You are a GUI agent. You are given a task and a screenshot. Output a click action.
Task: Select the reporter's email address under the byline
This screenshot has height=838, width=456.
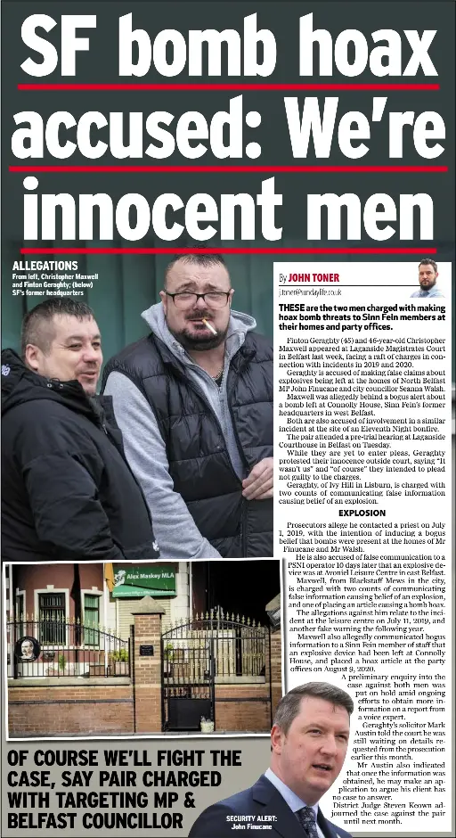(309, 291)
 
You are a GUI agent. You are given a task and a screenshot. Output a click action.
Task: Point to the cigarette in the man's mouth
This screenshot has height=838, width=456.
(211, 325)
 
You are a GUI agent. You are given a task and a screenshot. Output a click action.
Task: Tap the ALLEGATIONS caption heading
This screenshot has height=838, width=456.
(45, 266)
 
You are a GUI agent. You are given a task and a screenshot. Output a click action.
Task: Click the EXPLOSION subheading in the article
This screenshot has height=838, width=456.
(362, 513)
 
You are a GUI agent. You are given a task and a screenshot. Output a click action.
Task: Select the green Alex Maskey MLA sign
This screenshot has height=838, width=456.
(144, 581)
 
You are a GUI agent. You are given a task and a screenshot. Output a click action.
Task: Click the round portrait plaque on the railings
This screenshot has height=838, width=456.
(28, 647)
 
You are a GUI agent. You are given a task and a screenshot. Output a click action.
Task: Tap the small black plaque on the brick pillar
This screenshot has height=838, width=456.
(146, 650)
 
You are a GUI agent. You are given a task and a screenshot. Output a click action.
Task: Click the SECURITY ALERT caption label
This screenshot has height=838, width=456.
(251, 817)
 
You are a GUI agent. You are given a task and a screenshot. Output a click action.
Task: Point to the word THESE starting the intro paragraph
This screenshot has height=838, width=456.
(293, 308)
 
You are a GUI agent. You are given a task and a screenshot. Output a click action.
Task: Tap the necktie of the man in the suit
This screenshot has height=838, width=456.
(309, 820)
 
